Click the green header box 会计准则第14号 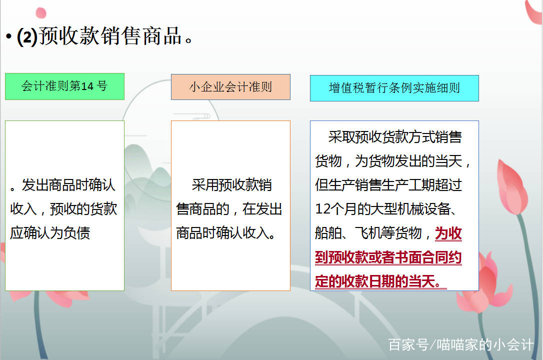65,86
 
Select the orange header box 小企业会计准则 230,87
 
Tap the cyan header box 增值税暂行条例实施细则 394,88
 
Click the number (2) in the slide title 27,36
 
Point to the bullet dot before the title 8,36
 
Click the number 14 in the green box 87,86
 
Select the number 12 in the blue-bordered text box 323,208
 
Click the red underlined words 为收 448,233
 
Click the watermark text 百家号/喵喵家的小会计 461,344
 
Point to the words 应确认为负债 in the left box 50,232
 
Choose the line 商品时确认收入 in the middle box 226,233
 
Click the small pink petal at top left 41,13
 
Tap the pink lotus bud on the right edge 512,187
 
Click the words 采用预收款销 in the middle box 231,185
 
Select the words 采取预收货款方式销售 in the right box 395,137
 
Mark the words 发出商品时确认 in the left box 68,185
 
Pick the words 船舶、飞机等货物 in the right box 368,233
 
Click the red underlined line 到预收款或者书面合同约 388,257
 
